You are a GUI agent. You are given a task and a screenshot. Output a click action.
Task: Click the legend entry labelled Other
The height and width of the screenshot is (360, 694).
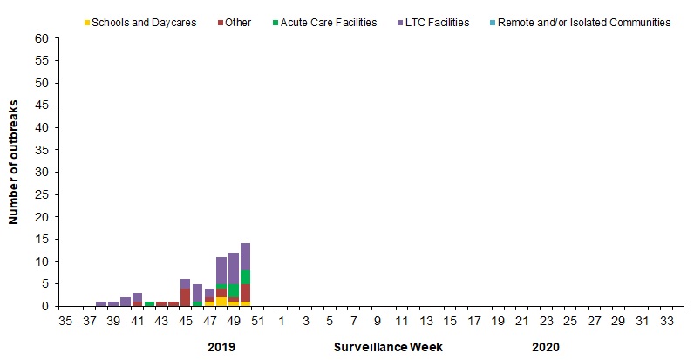click(x=237, y=22)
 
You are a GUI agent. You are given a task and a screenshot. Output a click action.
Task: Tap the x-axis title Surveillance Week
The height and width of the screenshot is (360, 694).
click(x=388, y=347)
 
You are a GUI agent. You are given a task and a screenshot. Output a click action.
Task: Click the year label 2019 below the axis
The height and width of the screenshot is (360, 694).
click(x=221, y=347)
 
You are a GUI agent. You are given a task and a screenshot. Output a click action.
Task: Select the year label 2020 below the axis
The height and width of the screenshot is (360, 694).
click(x=546, y=347)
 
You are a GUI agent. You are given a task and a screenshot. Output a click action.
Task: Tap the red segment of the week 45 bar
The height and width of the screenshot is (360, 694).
click(x=186, y=296)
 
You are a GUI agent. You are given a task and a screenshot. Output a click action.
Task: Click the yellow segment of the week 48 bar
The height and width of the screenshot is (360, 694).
click(x=221, y=301)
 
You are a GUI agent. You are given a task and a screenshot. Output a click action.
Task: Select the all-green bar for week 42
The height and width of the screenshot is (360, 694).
click(x=149, y=303)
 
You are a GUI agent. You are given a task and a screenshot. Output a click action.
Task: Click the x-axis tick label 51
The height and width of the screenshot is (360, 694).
click(x=258, y=322)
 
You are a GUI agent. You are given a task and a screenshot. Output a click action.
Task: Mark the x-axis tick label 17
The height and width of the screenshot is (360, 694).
click(x=474, y=322)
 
